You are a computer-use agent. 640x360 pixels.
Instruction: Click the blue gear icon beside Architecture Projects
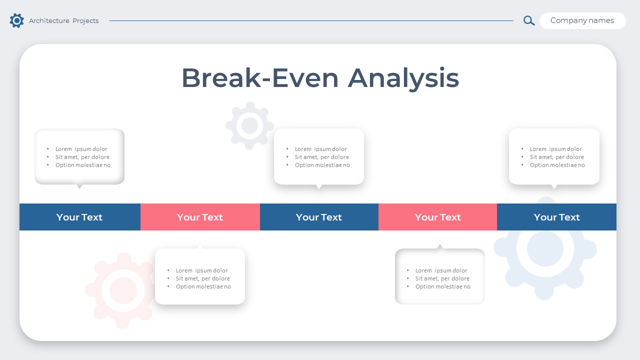coord(16,20)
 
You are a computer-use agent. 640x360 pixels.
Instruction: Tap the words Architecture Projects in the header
coord(63,20)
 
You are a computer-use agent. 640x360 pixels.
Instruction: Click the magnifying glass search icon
coord(529,20)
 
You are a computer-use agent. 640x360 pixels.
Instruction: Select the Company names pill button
coord(582,20)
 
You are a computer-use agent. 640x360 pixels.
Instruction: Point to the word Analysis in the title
coord(403,78)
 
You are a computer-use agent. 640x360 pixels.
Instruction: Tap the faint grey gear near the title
coord(249,125)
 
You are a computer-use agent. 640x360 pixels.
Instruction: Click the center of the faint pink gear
coord(123,290)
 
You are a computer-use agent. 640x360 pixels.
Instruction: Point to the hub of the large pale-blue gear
coord(545,248)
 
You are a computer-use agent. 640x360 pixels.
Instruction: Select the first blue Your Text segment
coord(79,217)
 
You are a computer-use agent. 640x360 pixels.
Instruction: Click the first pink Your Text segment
coord(200,217)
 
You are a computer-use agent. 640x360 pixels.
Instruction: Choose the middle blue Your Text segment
coord(319,217)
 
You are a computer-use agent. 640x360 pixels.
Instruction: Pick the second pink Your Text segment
coord(437,217)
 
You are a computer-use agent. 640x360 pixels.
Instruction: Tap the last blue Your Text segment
coord(556,217)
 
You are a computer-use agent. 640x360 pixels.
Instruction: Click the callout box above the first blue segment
coord(79,156)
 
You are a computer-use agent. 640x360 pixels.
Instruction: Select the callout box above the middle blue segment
coord(319,156)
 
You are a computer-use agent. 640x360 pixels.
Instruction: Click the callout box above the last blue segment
coord(554,156)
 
